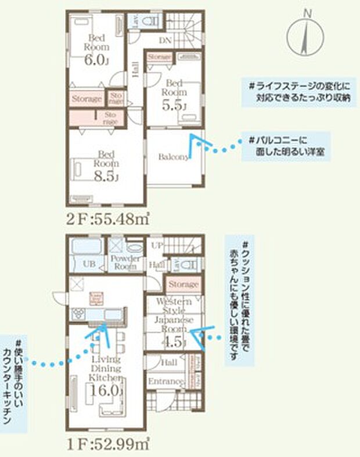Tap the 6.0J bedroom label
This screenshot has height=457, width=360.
[x=96, y=59]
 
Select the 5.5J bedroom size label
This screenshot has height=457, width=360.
[x=174, y=106]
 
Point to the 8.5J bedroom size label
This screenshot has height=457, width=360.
[x=109, y=177]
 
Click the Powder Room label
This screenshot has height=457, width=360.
[x=123, y=263]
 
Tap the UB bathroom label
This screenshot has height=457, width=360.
[x=89, y=263]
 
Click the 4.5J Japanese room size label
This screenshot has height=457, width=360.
[x=174, y=341]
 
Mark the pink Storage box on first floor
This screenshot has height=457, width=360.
[x=183, y=285]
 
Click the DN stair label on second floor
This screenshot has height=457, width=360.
[x=165, y=40]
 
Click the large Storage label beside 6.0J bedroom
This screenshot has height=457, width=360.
[x=87, y=99]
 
